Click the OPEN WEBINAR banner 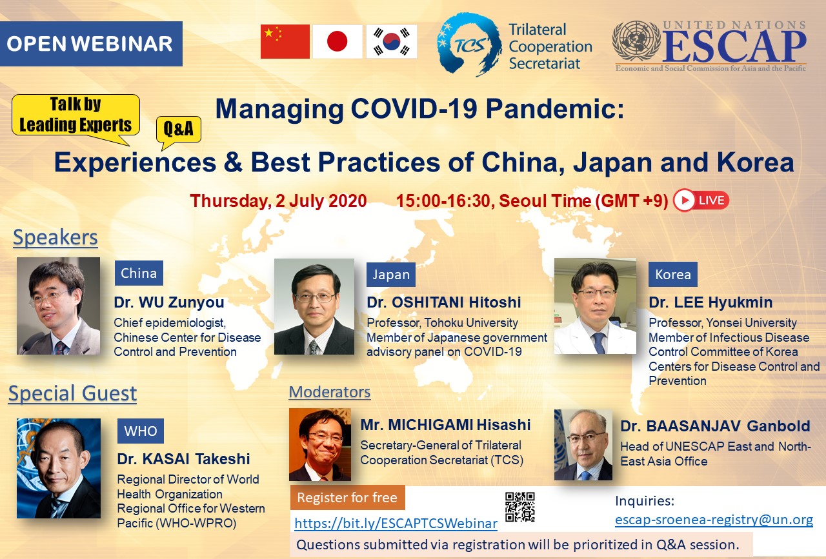pos(91,43)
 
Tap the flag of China pos(285,42)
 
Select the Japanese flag pos(337,42)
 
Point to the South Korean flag pos(392,42)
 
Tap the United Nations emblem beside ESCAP pos(636,41)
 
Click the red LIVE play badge pos(701,200)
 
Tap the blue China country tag pos(139,273)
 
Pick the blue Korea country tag pos(673,274)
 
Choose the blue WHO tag pos(141,431)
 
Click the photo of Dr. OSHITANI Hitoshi pos(314,307)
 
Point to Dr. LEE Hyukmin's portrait pos(595,306)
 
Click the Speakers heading pos(55,237)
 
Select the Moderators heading pos(330,392)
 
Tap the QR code pos(520,507)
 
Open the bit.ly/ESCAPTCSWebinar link pos(396,524)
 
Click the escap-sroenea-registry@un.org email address pos(714,520)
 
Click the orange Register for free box pos(347,498)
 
